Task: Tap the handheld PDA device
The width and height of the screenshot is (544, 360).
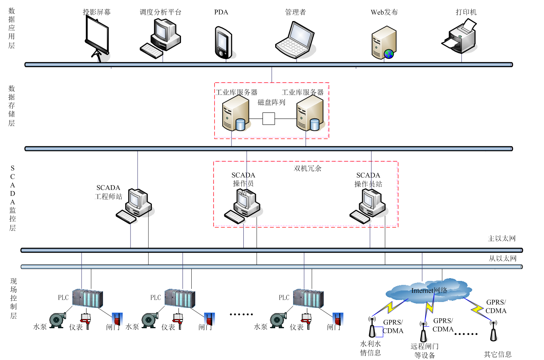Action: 223,41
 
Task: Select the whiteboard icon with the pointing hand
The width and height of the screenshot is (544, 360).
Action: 98,38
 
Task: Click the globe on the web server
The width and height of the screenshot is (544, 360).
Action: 389,54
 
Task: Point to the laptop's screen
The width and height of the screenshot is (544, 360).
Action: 301,35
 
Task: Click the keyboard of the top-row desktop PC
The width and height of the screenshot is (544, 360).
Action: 152,50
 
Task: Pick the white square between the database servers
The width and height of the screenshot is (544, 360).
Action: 269,119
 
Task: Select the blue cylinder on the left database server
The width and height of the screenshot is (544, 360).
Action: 240,125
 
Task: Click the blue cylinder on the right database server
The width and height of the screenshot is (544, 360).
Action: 315,125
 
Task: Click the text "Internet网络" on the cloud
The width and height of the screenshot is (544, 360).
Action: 429,290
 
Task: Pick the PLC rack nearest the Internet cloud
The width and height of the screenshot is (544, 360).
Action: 308,298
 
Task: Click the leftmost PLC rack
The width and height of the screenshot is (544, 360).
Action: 87,298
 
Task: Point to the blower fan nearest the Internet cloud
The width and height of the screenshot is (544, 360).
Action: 278,320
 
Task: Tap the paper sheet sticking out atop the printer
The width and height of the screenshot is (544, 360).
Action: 469,25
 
